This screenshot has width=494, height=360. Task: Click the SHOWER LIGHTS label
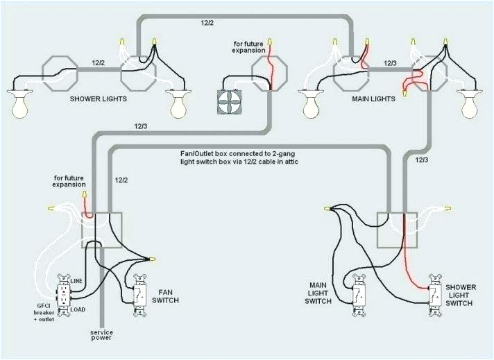click(98, 99)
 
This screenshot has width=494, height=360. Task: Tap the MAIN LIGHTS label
click(372, 99)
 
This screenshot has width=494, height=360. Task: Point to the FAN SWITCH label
click(169, 296)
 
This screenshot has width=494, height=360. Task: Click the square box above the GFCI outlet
click(102, 230)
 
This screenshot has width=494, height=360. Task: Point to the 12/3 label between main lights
click(389, 64)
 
